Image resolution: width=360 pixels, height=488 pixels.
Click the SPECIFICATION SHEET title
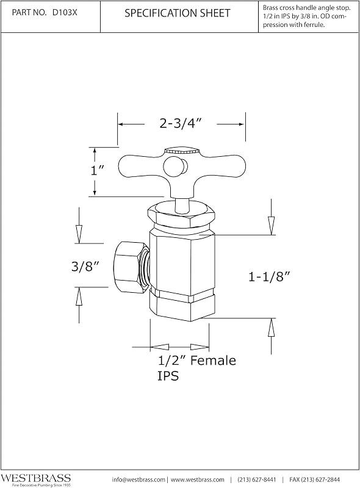click(x=178, y=13)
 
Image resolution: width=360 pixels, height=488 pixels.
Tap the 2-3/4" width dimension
click(x=179, y=124)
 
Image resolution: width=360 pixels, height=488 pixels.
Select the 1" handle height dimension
click(x=97, y=170)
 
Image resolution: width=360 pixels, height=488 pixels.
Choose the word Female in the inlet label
click(x=214, y=361)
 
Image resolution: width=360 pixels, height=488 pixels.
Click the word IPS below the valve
click(x=168, y=376)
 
